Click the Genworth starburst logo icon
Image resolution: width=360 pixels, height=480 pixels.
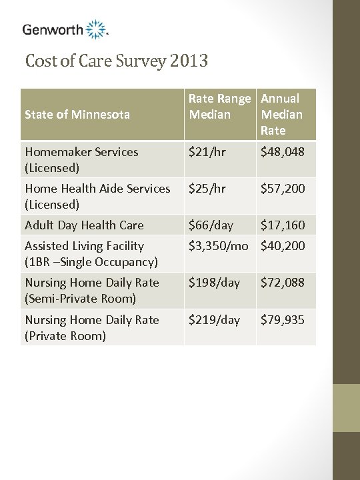click(97, 29)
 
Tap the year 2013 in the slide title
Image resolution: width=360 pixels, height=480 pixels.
click(189, 62)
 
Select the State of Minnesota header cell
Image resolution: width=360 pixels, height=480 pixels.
click(77, 115)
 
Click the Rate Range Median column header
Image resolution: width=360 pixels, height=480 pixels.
click(220, 107)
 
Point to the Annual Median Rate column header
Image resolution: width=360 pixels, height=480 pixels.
click(282, 114)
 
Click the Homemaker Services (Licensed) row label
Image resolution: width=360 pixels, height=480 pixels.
click(81, 159)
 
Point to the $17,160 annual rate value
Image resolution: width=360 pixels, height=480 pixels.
click(283, 225)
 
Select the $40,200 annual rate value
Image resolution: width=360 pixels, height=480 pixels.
click(283, 246)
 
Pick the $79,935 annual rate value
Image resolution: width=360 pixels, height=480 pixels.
click(283, 320)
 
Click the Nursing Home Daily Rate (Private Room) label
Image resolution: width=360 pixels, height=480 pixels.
click(92, 327)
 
